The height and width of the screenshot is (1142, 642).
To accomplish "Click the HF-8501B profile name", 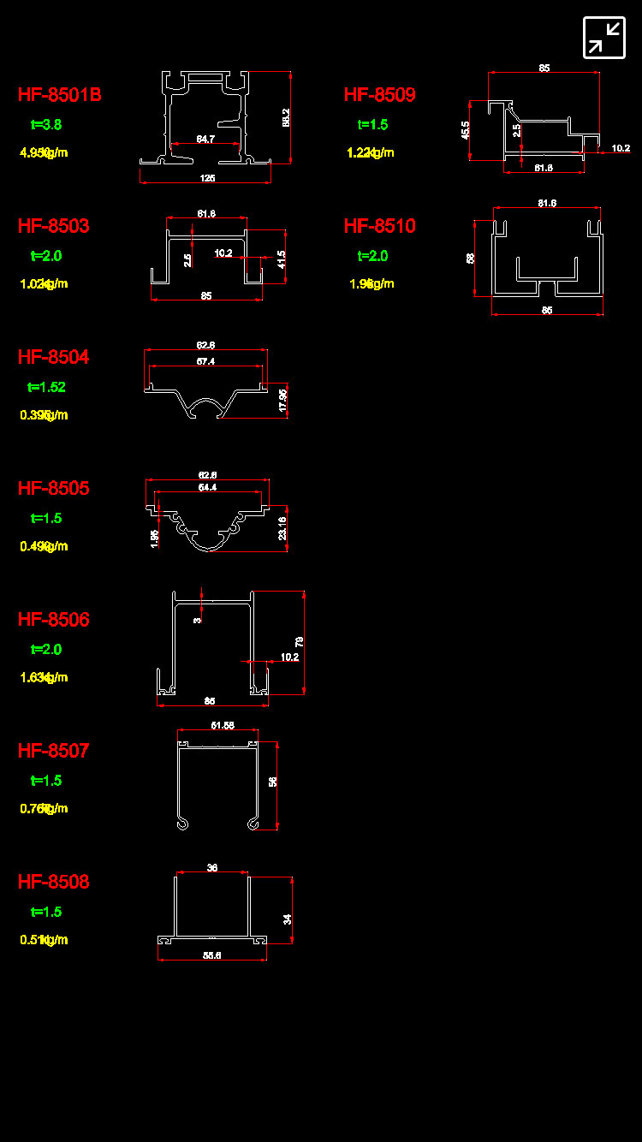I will pyautogui.click(x=60, y=95).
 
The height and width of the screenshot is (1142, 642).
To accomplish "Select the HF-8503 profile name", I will pyautogui.click(x=54, y=226).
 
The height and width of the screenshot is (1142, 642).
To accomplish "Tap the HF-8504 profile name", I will pyautogui.click(x=54, y=357).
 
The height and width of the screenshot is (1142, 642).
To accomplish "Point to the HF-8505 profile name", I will pyautogui.click(x=54, y=488).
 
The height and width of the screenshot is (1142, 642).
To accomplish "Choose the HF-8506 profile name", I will pyautogui.click(x=54, y=619).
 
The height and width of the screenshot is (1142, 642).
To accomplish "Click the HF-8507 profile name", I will pyautogui.click(x=54, y=751).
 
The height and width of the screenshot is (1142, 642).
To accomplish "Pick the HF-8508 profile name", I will pyautogui.click(x=54, y=882).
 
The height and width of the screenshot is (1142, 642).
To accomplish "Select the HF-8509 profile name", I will pyautogui.click(x=380, y=95).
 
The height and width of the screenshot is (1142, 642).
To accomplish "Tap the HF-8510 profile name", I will pyautogui.click(x=380, y=226).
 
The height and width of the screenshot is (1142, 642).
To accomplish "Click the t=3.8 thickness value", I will pyautogui.click(x=46, y=125).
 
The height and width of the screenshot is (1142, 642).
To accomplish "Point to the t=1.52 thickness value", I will pyautogui.click(x=47, y=387).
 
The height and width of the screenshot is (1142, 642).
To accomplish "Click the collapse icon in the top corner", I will pyautogui.click(x=604, y=38).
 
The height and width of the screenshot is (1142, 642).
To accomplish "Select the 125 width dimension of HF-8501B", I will pyautogui.click(x=207, y=178).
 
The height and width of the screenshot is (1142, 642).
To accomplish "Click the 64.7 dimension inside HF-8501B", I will pyautogui.click(x=205, y=139).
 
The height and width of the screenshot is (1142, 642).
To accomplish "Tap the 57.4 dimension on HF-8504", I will pyautogui.click(x=205, y=362).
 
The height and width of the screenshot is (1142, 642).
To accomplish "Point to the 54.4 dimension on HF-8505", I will pyautogui.click(x=207, y=487).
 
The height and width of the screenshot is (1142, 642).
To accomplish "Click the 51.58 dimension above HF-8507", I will pyautogui.click(x=223, y=726).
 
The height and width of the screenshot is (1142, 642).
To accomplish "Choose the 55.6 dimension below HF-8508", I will pyautogui.click(x=212, y=955).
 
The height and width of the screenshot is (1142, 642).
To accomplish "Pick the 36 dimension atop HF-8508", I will pyautogui.click(x=212, y=868).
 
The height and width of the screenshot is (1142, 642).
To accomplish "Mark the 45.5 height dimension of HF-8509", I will pyautogui.click(x=466, y=130).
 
